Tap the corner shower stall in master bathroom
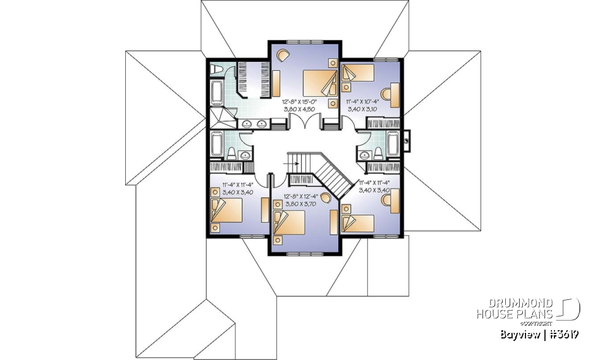click(x=217, y=118)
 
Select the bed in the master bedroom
click(x=320, y=83)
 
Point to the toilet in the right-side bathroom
click(x=376, y=152)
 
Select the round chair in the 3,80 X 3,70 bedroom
click(x=325, y=199)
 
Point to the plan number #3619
click(x=562, y=333)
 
